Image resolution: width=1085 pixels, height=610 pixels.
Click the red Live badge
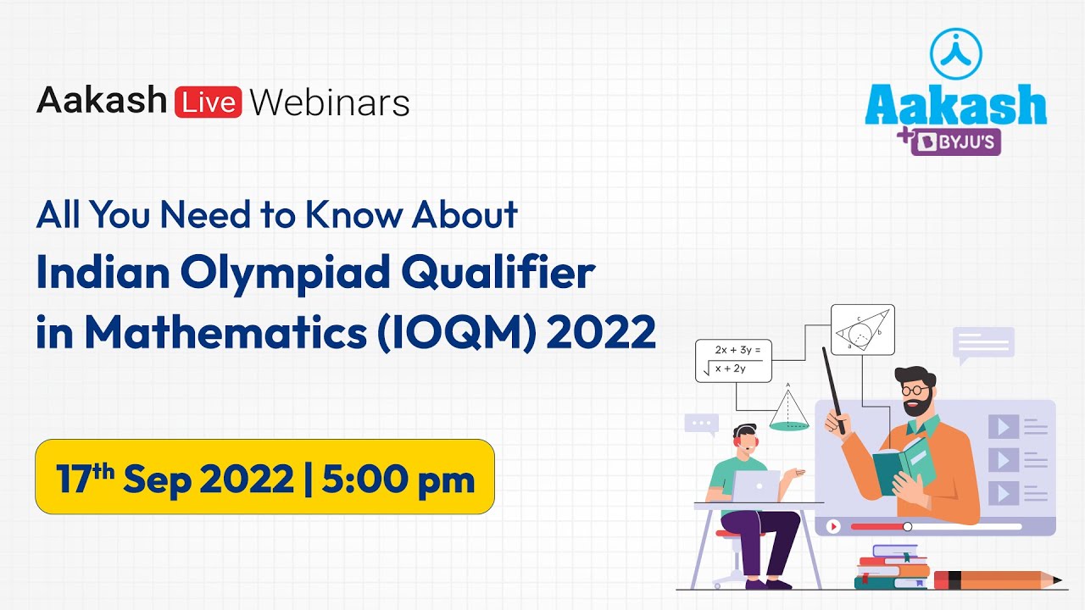pyautogui.click(x=208, y=102)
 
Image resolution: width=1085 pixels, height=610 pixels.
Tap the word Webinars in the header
pyautogui.click(x=330, y=103)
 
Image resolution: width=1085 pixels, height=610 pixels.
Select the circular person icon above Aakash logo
pyautogui.click(x=955, y=52)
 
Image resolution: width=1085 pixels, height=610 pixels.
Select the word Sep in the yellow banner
pyautogui.click(x=162, y=480)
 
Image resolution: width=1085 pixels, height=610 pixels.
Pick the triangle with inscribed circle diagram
pyautogui.click(x=862, y=329)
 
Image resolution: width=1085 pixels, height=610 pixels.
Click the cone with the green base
pyautogui.click(x=788, y=411)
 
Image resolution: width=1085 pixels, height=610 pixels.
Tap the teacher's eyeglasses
pyautogui.click(x=914, y=391)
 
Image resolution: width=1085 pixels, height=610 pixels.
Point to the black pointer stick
pyautogui.click(x=833, y=389)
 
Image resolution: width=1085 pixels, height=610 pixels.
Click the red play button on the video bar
pyautogui.click(x=833, y=526)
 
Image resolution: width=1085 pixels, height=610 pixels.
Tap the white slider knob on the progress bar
pyautogui.click(x=907, y=526)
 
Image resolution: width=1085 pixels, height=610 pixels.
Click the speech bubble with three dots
pyautogui.click(x=701, y=424)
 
